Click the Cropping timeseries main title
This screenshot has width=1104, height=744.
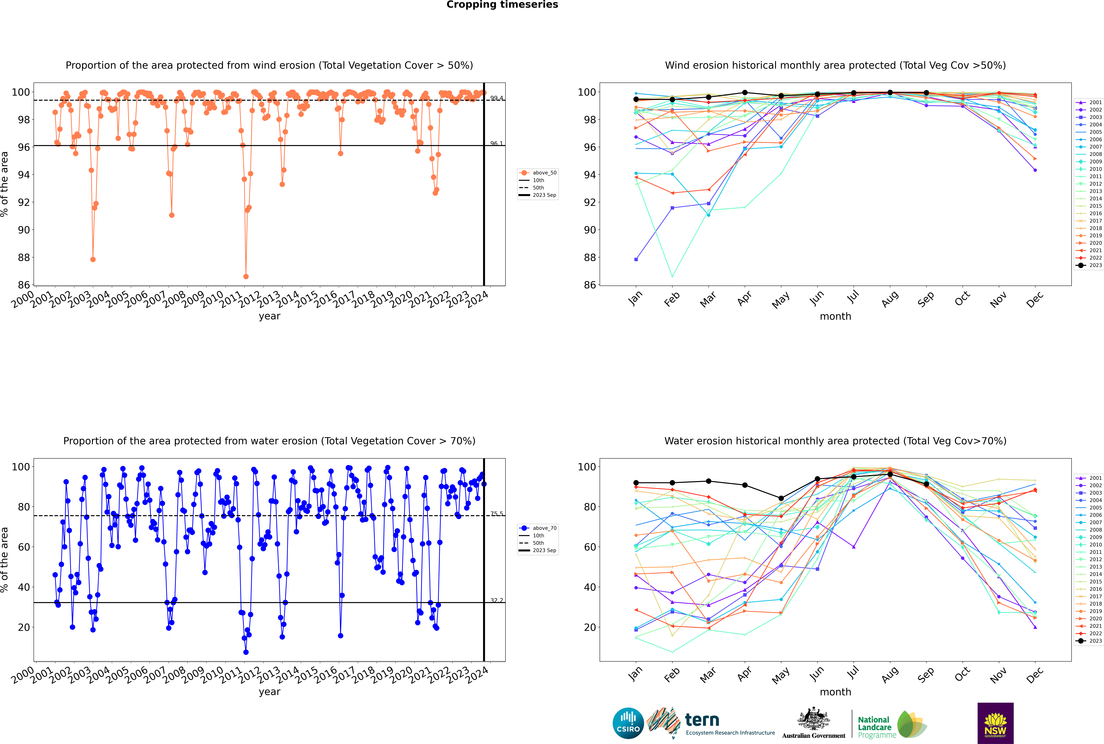pos(502,5)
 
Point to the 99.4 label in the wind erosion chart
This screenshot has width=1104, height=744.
pos(496,98)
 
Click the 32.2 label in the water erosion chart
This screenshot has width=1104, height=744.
pos(496,600)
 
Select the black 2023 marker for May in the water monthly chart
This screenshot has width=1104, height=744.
pos(781,498)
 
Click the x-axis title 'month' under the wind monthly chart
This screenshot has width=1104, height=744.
pos(835,317)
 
